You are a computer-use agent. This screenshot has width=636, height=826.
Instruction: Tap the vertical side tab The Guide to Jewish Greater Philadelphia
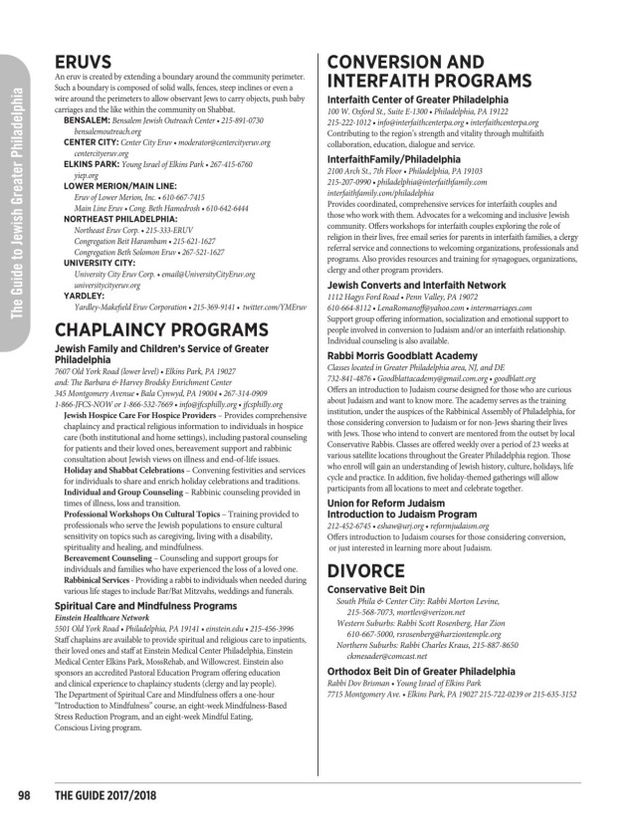pyautogui.click(x=17, y=189)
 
